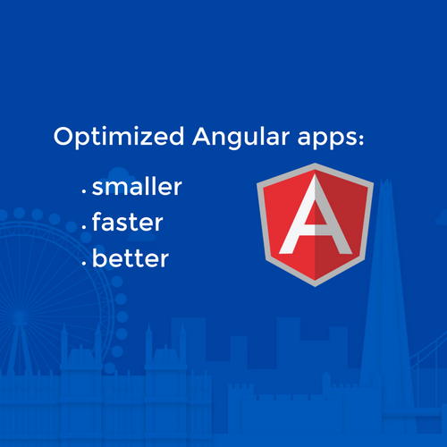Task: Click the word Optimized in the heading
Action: (119, 137)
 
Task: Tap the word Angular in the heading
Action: (241, 137)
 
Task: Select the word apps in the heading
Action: (327, 139)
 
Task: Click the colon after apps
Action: (361, 139)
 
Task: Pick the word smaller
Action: (137, 186)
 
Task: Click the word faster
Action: (128, 221)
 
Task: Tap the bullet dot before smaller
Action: (84, 192)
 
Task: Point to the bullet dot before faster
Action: (84, 228)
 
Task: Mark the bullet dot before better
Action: (84, 264)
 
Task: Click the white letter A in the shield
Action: (316, 215)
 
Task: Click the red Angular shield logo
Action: (315, 224)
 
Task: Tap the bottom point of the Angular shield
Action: (315, 287)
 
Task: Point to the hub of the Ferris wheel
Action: (20, 316)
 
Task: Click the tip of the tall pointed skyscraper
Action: (386, 179)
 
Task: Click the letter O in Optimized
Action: (64, 136)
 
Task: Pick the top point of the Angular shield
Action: (315, 164)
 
